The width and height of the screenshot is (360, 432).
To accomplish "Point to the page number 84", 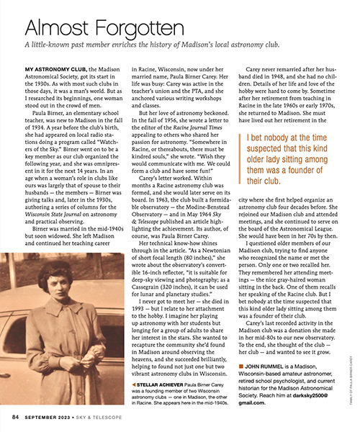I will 15,417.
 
